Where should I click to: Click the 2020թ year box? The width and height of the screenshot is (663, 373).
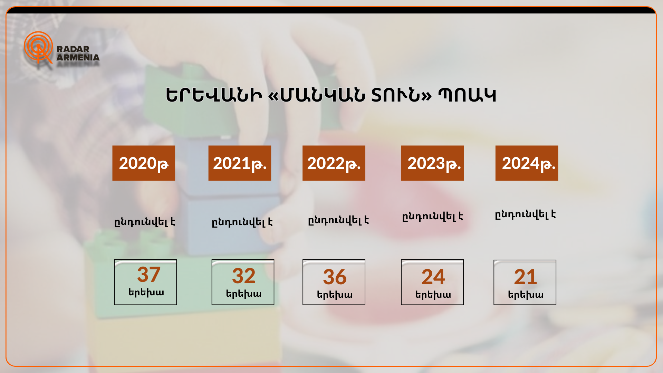tap(144, 163)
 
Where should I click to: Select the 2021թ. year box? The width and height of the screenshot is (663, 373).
tap(240, 163)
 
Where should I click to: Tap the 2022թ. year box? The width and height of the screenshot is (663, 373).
tap(334, 163)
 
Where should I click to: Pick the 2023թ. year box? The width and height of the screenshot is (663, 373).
tap(432, 163)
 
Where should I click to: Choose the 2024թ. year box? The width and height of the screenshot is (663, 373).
tap(527, 163)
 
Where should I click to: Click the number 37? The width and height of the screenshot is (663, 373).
tap(149, 275)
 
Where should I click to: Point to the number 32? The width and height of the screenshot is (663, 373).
tap(244, 276)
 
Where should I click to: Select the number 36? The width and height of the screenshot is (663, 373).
tap(335, 277)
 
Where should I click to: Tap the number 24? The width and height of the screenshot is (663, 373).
tap(433, 277)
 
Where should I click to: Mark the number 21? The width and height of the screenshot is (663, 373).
tap(526, 277)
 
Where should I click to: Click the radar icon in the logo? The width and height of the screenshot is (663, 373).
tap(38, 47)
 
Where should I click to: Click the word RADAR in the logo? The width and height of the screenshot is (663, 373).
tap(73, 49)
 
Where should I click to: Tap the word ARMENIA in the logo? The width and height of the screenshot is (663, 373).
tap(78, 57)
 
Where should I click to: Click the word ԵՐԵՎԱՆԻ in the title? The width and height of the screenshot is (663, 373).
tap(214, 95)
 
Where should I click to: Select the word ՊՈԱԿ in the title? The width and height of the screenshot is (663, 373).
tap(467, 95)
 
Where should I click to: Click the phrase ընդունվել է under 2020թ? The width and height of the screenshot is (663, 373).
tap(145, 222)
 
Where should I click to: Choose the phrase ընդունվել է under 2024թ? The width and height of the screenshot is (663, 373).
tap(525, 214)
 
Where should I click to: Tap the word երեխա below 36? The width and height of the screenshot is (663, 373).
tap(335, 295)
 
